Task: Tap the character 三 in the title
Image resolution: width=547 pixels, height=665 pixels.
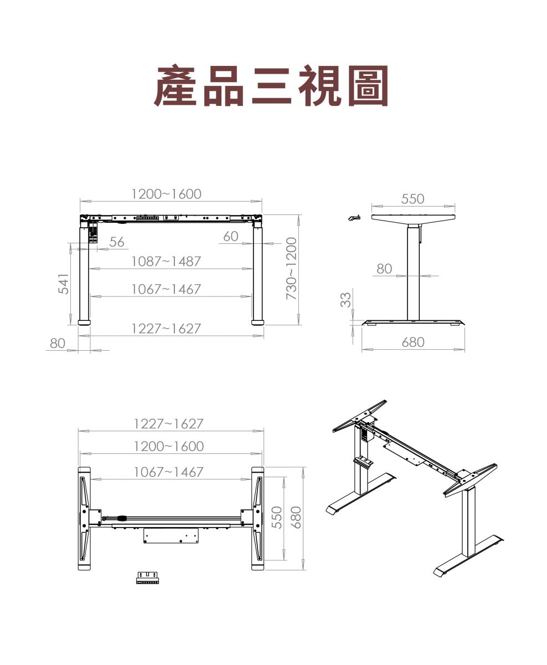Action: [272, 85]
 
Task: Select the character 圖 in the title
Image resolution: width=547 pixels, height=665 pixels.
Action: [368, 85]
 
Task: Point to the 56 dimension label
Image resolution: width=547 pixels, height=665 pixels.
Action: [117, 242]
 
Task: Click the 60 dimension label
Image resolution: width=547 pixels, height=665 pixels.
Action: [231, 236]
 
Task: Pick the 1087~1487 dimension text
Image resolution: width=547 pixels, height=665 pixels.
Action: [166, 261]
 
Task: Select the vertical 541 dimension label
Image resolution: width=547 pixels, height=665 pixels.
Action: [64, 284]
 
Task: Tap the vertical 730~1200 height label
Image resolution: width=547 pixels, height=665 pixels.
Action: [291, 268]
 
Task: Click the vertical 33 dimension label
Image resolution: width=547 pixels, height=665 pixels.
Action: [345, 300]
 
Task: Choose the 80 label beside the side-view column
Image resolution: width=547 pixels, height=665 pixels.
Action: [384, 269]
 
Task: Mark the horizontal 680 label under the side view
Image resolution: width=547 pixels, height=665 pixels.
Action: [413, 342]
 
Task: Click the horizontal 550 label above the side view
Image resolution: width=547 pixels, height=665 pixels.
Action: [413, 198]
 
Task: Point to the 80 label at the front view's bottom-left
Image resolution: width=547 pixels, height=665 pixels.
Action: [58, 343]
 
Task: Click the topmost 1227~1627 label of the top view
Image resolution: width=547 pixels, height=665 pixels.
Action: [169, 424]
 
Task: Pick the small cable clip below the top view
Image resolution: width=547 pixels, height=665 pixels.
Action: [147, 577]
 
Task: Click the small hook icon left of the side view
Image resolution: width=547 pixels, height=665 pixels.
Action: [354, 217]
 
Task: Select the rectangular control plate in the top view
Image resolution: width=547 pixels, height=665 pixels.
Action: [171, 536]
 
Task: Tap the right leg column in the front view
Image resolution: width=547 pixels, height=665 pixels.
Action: [257, 274]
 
